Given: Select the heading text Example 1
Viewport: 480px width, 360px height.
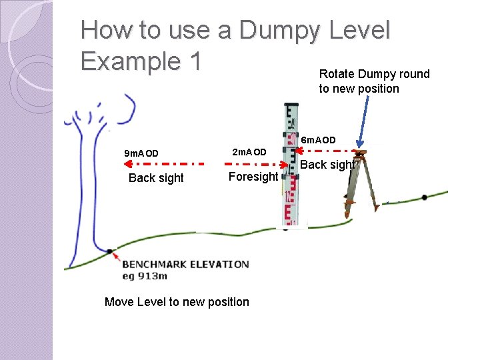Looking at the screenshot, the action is coord(141,61).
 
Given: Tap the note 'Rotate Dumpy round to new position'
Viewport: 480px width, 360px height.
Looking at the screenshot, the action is coord(374,81).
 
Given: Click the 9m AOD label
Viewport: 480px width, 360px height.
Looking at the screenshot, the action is coord(142,154).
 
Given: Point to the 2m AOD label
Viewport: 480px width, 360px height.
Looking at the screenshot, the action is coord(249,153).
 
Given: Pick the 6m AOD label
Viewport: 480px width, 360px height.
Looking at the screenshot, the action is coord(319,140).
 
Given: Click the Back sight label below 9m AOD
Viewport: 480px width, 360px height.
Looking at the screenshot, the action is coord(156,178).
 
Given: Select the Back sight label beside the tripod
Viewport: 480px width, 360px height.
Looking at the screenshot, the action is coord(327,165).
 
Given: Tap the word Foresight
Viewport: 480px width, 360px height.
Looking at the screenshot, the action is coord(253,177).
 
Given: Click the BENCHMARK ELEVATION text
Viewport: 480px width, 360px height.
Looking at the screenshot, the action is coord(185,264).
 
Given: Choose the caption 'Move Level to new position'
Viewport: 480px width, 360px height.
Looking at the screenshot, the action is coord(177,302).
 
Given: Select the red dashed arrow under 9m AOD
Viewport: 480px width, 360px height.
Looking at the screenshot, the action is coord(157,163).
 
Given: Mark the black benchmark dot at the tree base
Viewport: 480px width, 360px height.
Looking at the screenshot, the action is coord(109,251).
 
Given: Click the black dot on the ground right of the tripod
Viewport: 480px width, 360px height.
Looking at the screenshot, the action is coord(425,197).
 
